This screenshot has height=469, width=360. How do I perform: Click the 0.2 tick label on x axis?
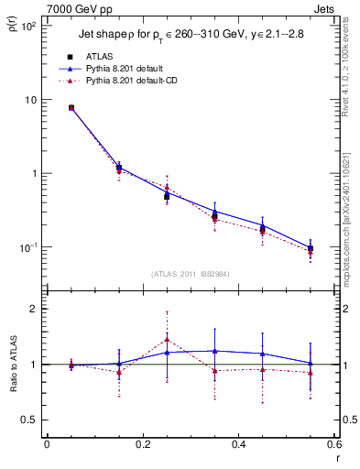point(142,445)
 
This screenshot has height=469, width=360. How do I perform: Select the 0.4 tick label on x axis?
point(238,445)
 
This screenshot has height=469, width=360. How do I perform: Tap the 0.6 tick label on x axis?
point(333,445)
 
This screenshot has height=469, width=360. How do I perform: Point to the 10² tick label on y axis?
point(29,26)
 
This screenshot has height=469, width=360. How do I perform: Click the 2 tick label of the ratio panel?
point(35,309)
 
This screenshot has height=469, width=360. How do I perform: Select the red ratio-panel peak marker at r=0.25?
point(167,339)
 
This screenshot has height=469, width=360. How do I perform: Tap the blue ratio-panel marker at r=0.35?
point(214,351)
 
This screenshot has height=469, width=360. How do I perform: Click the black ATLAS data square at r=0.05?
point(71,107)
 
